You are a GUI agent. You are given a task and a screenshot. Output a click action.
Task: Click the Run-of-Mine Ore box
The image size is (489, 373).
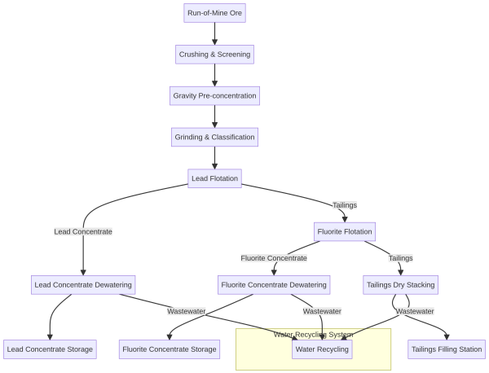point(214,13)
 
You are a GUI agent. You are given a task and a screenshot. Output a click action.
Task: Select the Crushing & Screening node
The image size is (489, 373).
point(214,55)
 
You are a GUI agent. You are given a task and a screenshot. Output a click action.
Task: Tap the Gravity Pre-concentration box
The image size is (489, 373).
point(214,96)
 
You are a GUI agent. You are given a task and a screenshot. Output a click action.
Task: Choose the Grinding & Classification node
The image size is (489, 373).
point(214,138)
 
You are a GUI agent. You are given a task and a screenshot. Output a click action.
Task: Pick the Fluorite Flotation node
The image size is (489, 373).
point(344,232)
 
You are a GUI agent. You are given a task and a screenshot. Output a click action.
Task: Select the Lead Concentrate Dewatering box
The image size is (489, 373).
point(82,285)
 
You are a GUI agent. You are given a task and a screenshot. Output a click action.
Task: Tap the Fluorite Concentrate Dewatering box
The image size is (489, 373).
point(274,285)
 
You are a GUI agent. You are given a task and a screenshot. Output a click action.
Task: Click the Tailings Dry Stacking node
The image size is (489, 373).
point(400,285)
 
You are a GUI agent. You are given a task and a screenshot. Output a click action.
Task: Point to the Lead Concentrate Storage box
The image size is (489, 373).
point(51,349)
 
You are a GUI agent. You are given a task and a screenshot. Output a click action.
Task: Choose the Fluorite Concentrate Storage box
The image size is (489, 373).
point(170,349)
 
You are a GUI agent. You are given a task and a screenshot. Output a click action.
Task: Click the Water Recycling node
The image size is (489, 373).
point(323,349)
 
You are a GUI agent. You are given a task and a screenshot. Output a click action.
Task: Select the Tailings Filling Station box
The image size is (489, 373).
point(446,349)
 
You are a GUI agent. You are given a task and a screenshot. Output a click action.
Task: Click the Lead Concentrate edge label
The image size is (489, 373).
point(83,232)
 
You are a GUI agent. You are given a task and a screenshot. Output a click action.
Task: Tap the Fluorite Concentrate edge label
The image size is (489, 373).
point(274,258)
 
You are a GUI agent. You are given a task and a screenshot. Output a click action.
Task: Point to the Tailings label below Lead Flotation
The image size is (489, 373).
point(345,205)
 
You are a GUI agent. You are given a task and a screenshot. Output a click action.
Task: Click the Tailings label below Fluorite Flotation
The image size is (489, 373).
point(400,258)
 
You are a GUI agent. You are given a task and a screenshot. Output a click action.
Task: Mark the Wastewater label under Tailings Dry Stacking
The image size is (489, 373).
point(415,311)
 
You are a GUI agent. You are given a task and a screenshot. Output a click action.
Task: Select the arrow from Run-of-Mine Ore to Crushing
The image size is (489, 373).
point(214,33)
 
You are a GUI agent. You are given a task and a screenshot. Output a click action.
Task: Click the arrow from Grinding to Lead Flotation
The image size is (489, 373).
point(214,158)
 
